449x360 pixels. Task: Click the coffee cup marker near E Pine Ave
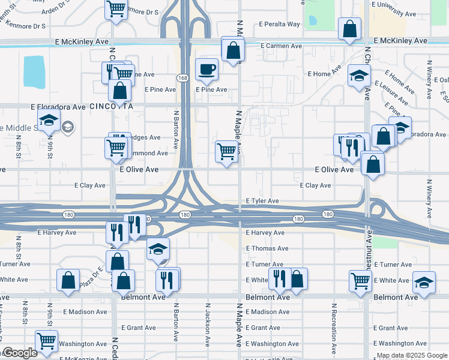(x=207, y=69)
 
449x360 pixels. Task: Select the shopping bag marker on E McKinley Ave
(x=349, y=28)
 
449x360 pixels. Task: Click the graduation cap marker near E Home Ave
(x=359, y=76)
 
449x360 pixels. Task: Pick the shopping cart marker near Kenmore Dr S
(x=116, y=9)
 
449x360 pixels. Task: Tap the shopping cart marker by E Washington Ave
(x=46, y=341)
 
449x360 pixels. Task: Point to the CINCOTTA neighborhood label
(x=110, y=106)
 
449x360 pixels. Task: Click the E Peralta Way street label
(x=279, y=25)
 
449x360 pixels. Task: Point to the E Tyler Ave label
(x=262, y=201)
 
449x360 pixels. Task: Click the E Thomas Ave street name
(x=267, y=248)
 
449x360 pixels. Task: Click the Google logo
(x=20, y=353)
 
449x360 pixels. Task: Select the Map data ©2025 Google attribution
(x=411, y=355)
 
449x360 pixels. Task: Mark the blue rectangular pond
(x=37, y=73)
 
